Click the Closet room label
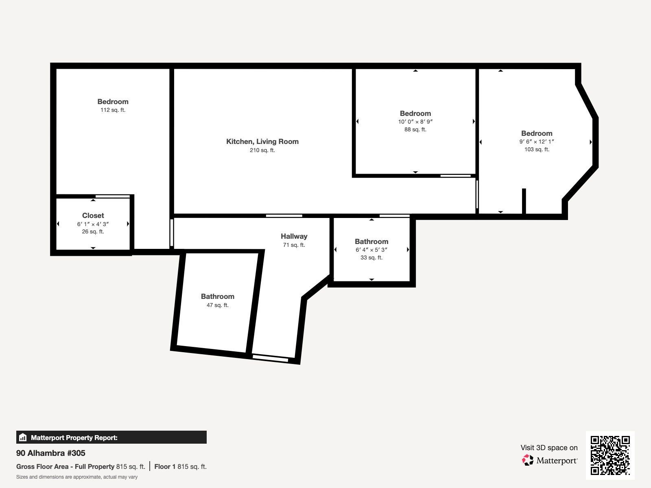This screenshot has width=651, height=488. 93,216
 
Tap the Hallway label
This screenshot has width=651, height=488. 294,236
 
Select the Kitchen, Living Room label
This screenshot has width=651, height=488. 262,142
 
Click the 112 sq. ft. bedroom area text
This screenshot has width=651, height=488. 113,110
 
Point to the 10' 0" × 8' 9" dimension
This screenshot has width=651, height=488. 415,122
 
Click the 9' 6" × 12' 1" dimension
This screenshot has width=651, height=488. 537,142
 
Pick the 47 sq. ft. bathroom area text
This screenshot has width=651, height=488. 217,305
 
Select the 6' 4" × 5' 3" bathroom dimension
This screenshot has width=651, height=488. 371,250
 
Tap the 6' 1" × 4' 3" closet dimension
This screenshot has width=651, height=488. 93,224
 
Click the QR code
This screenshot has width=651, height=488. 610,455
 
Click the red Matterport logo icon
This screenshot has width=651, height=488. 528,460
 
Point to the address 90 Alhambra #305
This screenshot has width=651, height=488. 51,453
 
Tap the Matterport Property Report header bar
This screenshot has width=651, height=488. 111,437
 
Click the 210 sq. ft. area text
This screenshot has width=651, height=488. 262,150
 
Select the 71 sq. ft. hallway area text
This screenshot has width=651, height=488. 294,245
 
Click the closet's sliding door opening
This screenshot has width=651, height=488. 113,196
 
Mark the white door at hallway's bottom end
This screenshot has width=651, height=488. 270,358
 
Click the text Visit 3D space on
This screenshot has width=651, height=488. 549,448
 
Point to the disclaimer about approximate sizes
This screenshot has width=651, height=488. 77,477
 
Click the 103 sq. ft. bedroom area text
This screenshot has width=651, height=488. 537,150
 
